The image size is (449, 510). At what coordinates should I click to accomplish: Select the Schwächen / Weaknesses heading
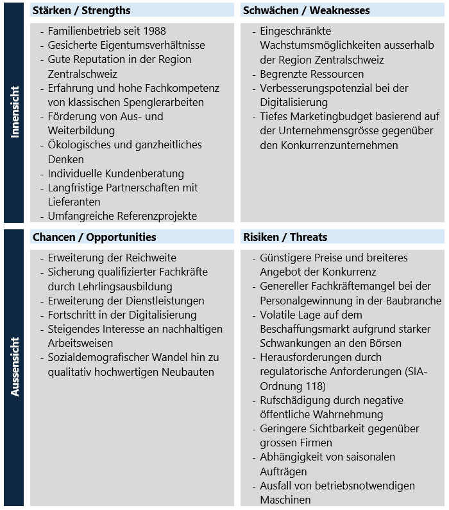(x=306, y=10)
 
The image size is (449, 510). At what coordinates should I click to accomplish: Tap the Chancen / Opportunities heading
(x=94, y=237)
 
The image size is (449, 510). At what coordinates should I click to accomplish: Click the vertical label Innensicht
(x=14, y=112)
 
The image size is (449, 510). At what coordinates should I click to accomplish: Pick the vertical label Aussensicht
(x=14, y=366)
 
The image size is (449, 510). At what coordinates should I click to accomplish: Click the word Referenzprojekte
(x=157, y=216)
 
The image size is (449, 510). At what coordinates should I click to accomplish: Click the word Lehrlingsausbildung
(x=126, y=286)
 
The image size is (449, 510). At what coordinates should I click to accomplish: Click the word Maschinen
(x=285, y=500)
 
